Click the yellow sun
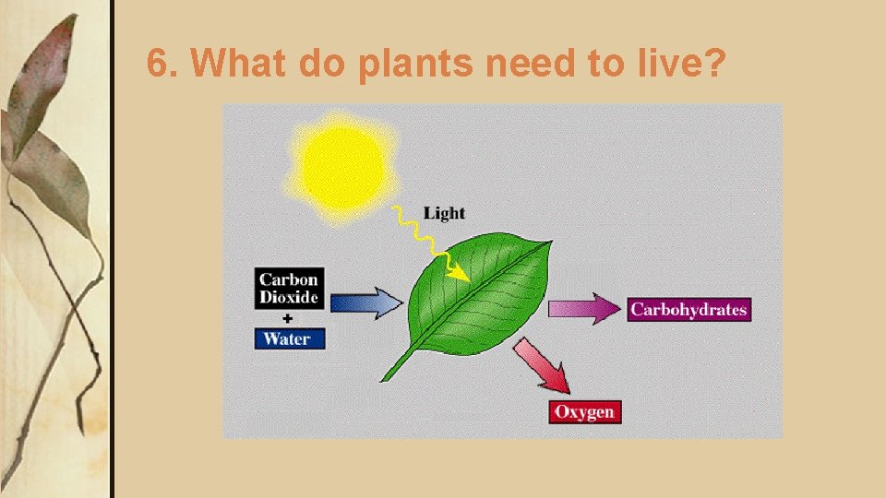[342, 164]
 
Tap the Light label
[444, 213]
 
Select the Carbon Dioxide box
[289, 288]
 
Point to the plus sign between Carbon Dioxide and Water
[288, 317]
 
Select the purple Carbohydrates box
[688, 309]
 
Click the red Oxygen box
[584, 411]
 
